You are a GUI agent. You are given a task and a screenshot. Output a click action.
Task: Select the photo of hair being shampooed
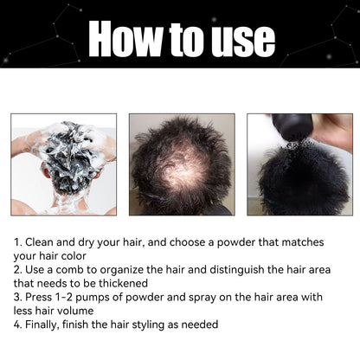[63, 164]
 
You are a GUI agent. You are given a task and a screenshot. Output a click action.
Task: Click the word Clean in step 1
[42, 244]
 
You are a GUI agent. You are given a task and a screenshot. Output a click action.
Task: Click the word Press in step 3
[42, 297]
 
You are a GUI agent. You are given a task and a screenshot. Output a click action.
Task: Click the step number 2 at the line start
[17, 270]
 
